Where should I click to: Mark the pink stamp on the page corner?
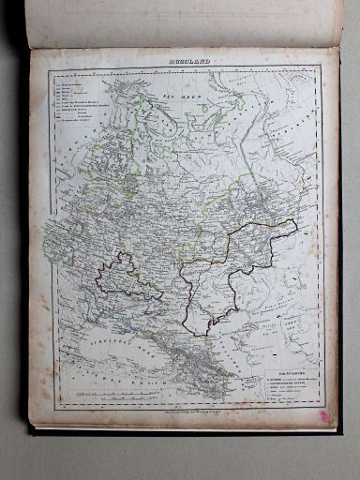pos(325,415)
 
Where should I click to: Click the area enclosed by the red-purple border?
pos(128,277)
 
